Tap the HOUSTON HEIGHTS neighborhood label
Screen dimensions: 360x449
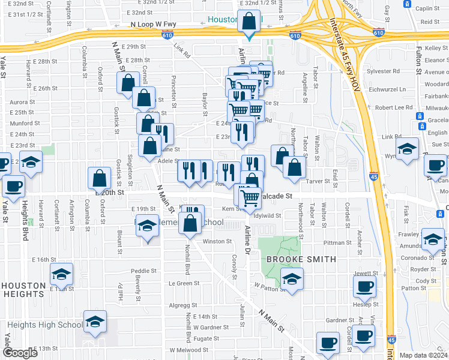[23, 290]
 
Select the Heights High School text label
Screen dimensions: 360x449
[42, 325]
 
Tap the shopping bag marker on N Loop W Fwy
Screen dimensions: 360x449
[249, 23]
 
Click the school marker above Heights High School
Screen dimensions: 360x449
[94, 322]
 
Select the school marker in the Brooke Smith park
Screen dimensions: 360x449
[292, 279]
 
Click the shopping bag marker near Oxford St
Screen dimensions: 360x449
[100, 178]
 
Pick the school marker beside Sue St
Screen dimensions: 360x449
[408, 149]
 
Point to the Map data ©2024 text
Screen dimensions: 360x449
[424, 355]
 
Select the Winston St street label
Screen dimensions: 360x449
[217, 241]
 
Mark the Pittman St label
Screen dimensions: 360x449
[337, 242]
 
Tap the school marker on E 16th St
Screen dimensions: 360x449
[61, 274]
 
